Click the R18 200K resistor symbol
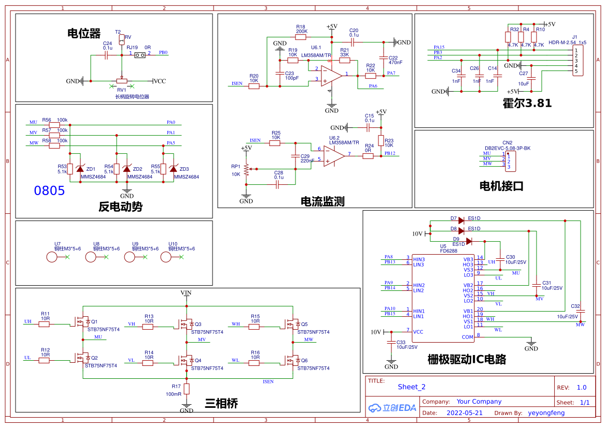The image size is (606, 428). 301,36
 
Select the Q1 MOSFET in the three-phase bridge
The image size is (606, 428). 81,322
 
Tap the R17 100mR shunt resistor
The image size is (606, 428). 187,389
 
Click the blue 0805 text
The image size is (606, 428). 50,191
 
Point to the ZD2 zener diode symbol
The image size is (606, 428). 126,169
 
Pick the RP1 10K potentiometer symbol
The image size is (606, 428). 246,169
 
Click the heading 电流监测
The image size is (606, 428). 322,201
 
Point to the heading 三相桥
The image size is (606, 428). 221,403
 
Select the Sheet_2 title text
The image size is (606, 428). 412,387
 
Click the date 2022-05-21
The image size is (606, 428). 464,413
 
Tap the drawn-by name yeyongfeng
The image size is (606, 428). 546,413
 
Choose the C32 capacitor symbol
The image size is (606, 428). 580,311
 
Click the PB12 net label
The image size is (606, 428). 390,153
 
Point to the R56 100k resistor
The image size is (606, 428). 54,125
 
